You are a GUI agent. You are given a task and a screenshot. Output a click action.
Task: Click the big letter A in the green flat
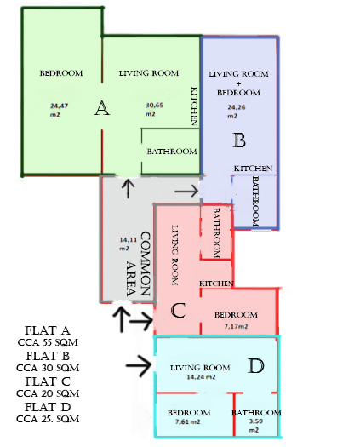click(102, 108)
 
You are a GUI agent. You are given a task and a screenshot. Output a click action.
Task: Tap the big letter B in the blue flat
click(239, 140)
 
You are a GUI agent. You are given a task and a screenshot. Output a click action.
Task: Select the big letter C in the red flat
click(178, 311)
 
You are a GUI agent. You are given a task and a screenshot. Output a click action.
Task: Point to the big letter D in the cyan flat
click(255, 366)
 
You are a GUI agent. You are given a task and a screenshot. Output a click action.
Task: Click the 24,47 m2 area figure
click(59, 110)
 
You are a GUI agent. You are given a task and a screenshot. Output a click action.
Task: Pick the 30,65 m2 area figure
click(154, 110)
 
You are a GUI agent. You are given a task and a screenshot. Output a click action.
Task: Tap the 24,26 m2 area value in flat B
click(236, 112)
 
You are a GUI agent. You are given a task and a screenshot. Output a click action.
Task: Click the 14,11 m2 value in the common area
click(128, 244)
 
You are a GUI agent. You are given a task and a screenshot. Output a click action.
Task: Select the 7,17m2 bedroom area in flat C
click(236, 326)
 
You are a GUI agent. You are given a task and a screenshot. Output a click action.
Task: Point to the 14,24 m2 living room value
click(201, 377)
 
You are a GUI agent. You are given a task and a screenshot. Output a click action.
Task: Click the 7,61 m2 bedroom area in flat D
click(187, 421)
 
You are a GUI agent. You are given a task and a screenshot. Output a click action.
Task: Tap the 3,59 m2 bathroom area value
click(255, 426)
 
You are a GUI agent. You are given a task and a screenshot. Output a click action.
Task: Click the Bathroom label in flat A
click(172, 152)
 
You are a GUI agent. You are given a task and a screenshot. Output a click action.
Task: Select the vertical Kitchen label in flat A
click(194, 106)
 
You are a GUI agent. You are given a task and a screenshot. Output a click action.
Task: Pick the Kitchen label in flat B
click(253, 169)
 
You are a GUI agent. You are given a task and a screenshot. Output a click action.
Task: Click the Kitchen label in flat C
click(216, 284)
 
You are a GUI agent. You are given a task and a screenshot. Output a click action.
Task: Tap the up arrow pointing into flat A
click(128, 188)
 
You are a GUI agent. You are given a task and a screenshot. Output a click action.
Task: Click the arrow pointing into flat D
click(139, 365)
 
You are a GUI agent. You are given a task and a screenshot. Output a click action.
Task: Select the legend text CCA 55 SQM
click(48, 342)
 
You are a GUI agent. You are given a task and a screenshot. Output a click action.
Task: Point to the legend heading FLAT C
click(48, 381)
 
